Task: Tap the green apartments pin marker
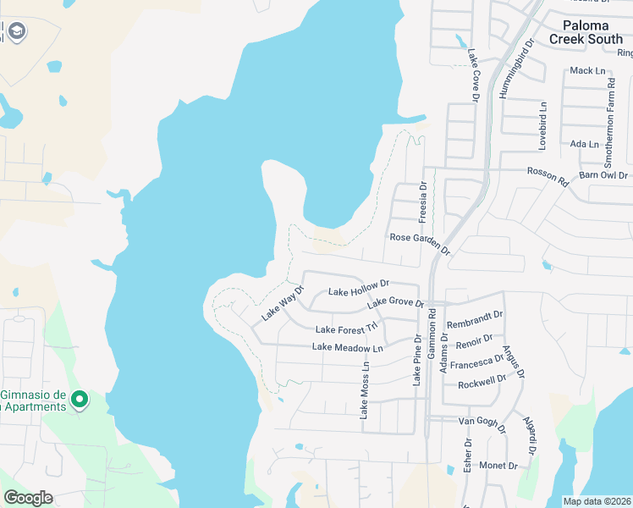tap(79, 398)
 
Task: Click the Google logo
tap(28, 498)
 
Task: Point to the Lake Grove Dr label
tap(394, 301)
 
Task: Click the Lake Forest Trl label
tap(346, 329)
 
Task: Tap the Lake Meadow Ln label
tap(347, 347)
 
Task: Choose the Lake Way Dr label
tap(282, 303)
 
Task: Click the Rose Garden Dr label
tap(420, 242)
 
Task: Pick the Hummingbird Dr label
tap(516, 68)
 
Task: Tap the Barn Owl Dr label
tap(603, 175)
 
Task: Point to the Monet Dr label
tap(498, 466)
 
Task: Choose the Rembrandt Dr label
tap(475, 324)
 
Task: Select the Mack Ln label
tap(587, 70)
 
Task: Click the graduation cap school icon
tap(16, 32)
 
